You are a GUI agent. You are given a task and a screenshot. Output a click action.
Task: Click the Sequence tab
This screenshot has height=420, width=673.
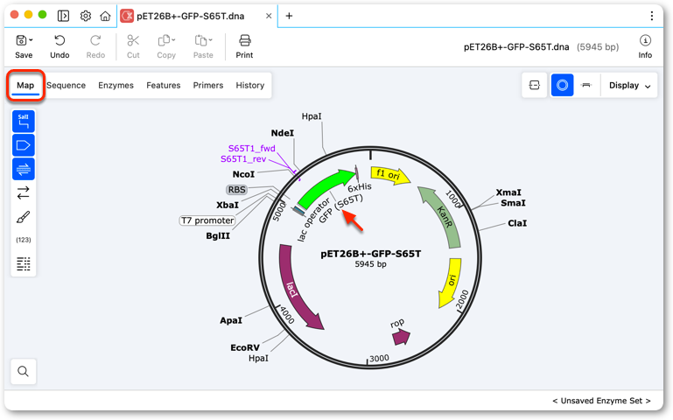[x=67, y=86]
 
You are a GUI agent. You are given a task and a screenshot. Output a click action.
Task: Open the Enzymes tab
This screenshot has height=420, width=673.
[x=116, y=86]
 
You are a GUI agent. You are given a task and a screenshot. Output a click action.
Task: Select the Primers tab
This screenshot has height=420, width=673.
[x=208, y=86]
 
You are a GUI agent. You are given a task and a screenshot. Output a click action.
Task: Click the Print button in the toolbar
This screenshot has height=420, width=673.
[x=244, y=46]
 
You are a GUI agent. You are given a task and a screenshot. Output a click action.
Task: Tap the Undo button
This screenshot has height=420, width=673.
[x=60, y=46]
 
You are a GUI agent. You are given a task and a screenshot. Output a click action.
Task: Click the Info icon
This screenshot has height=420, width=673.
[x=645, y=46]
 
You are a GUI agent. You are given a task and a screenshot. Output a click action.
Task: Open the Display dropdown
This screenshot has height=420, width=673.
[x=629, y=86]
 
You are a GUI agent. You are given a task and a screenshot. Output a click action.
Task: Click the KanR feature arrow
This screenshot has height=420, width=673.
[x=445, y=214]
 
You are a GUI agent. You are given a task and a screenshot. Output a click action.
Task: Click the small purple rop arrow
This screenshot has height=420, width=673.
[x=402, y=337]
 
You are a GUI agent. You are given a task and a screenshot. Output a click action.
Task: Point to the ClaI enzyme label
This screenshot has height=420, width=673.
[x=517, y=223]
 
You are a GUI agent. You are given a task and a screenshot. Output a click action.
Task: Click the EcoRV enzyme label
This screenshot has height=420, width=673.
[x=245, y=347]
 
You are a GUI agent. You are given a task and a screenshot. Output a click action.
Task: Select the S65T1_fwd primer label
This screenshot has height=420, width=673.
[x=251, y=149]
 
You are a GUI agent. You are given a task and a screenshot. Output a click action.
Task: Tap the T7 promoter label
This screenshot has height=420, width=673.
[x=207, y=220]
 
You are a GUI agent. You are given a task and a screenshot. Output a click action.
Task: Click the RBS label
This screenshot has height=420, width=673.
[x=237, y=190]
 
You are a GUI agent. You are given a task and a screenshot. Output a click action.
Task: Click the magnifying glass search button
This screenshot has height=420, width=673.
[x=23, y=371]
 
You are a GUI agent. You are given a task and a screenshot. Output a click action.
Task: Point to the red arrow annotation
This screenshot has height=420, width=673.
[x=353, y=220]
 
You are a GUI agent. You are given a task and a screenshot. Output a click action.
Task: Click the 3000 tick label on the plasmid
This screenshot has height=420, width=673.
[x=380, y=358]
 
